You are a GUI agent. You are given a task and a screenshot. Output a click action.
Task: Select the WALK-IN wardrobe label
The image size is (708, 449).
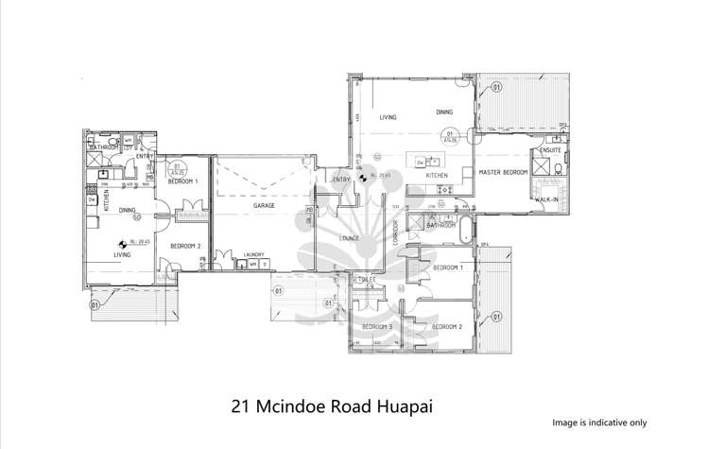point(546,199)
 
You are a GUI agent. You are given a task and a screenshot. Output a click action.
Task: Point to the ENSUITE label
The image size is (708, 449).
point(550,150)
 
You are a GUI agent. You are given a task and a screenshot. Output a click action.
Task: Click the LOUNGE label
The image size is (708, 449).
point(350,238)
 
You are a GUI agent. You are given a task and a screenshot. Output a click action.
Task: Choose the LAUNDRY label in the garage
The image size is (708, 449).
point(252,254)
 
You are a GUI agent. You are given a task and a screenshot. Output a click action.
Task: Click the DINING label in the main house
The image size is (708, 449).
point(445,112)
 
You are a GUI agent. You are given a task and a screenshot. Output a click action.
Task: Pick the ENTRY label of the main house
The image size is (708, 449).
point(340,179)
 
